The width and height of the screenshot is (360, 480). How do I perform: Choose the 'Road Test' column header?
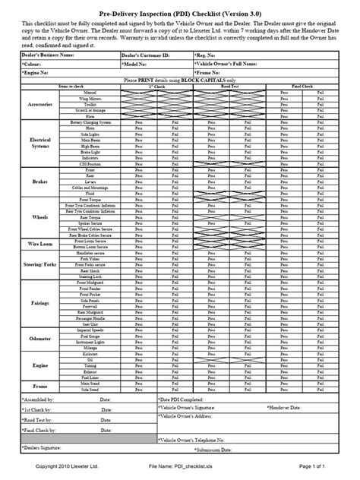(228, 88)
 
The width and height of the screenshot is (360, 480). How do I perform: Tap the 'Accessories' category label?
(39, 104)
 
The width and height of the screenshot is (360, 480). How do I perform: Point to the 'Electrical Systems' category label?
(39, 144)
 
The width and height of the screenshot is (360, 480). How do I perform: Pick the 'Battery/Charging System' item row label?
(91, 121)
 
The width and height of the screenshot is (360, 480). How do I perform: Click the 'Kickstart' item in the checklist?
(91, 333)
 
